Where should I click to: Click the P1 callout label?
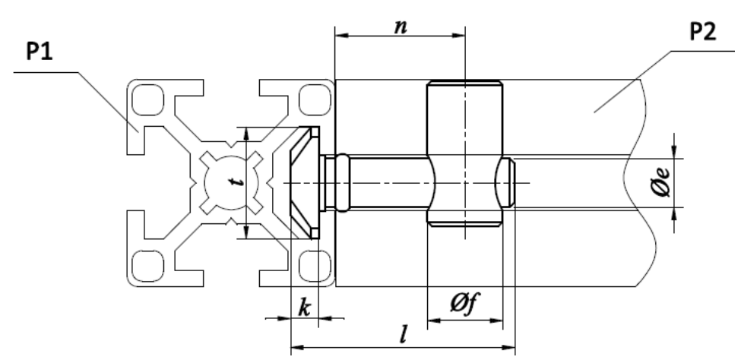click(x=40, y=51)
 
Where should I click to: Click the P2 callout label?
click(x=703, y=31)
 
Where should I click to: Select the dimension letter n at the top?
click(x=401, y=27)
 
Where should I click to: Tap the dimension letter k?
click(x=304, y=308)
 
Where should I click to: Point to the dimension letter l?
click(x=403, y=334)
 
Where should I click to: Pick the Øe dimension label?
click(x=660, y=182)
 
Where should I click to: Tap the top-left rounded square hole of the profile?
click(x=148, y=99)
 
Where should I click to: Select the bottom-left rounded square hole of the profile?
click(x=148, y=266)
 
